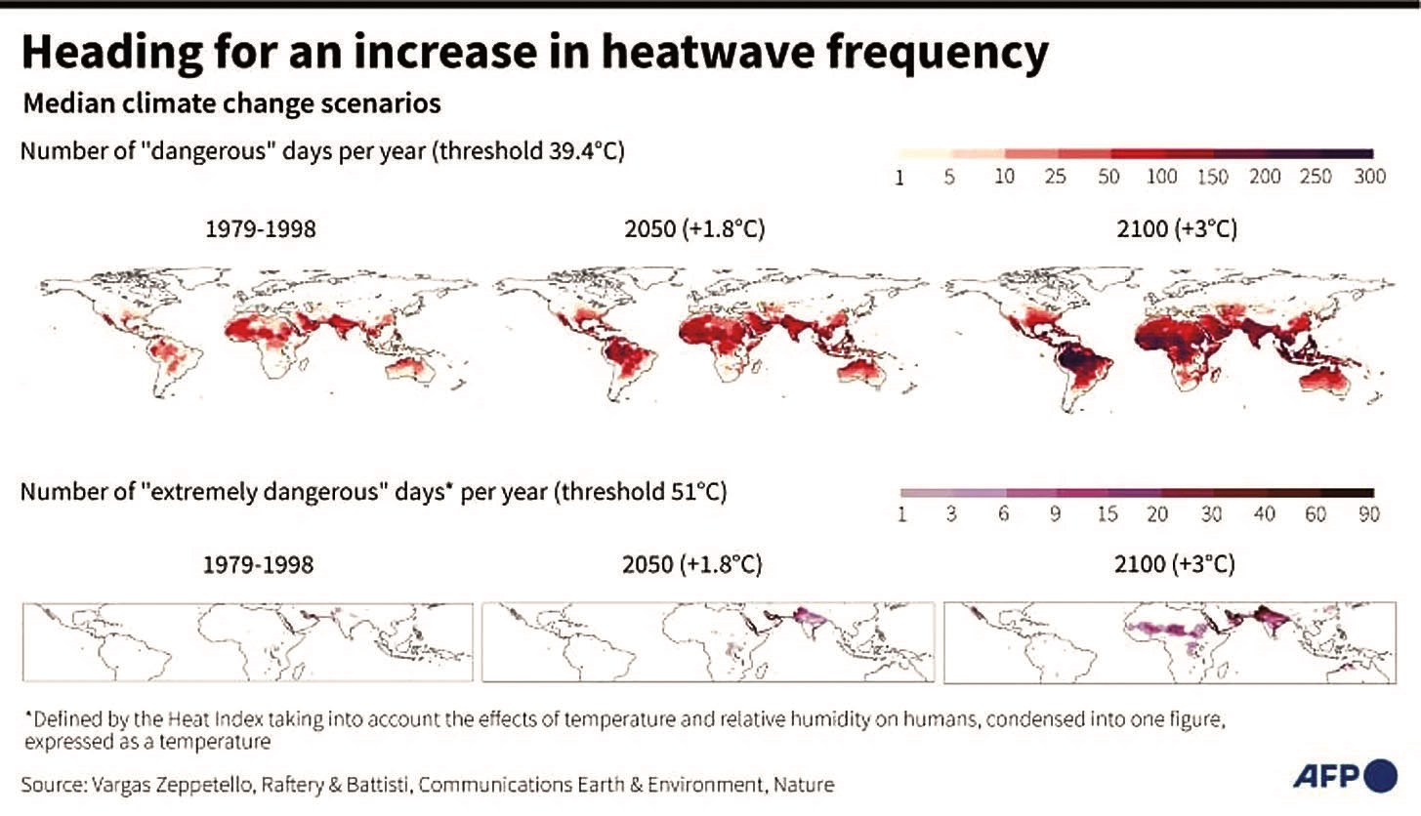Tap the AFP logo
(x=1345, y=775)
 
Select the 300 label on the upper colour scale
(x=1369, y=177)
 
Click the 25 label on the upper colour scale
(x=1055, y=177)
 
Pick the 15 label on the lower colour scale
(x=1107, y=513)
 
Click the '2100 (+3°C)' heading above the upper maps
(x=1177, y=228)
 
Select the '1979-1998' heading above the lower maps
(x=258, y=565)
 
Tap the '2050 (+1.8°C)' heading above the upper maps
(x=694, y=228)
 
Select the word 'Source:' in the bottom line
(x=54, y=785)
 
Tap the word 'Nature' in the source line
(x=803, y=785)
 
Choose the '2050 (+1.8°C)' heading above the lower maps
(x=692, y=565)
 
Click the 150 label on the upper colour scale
(x=1213, y=177)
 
